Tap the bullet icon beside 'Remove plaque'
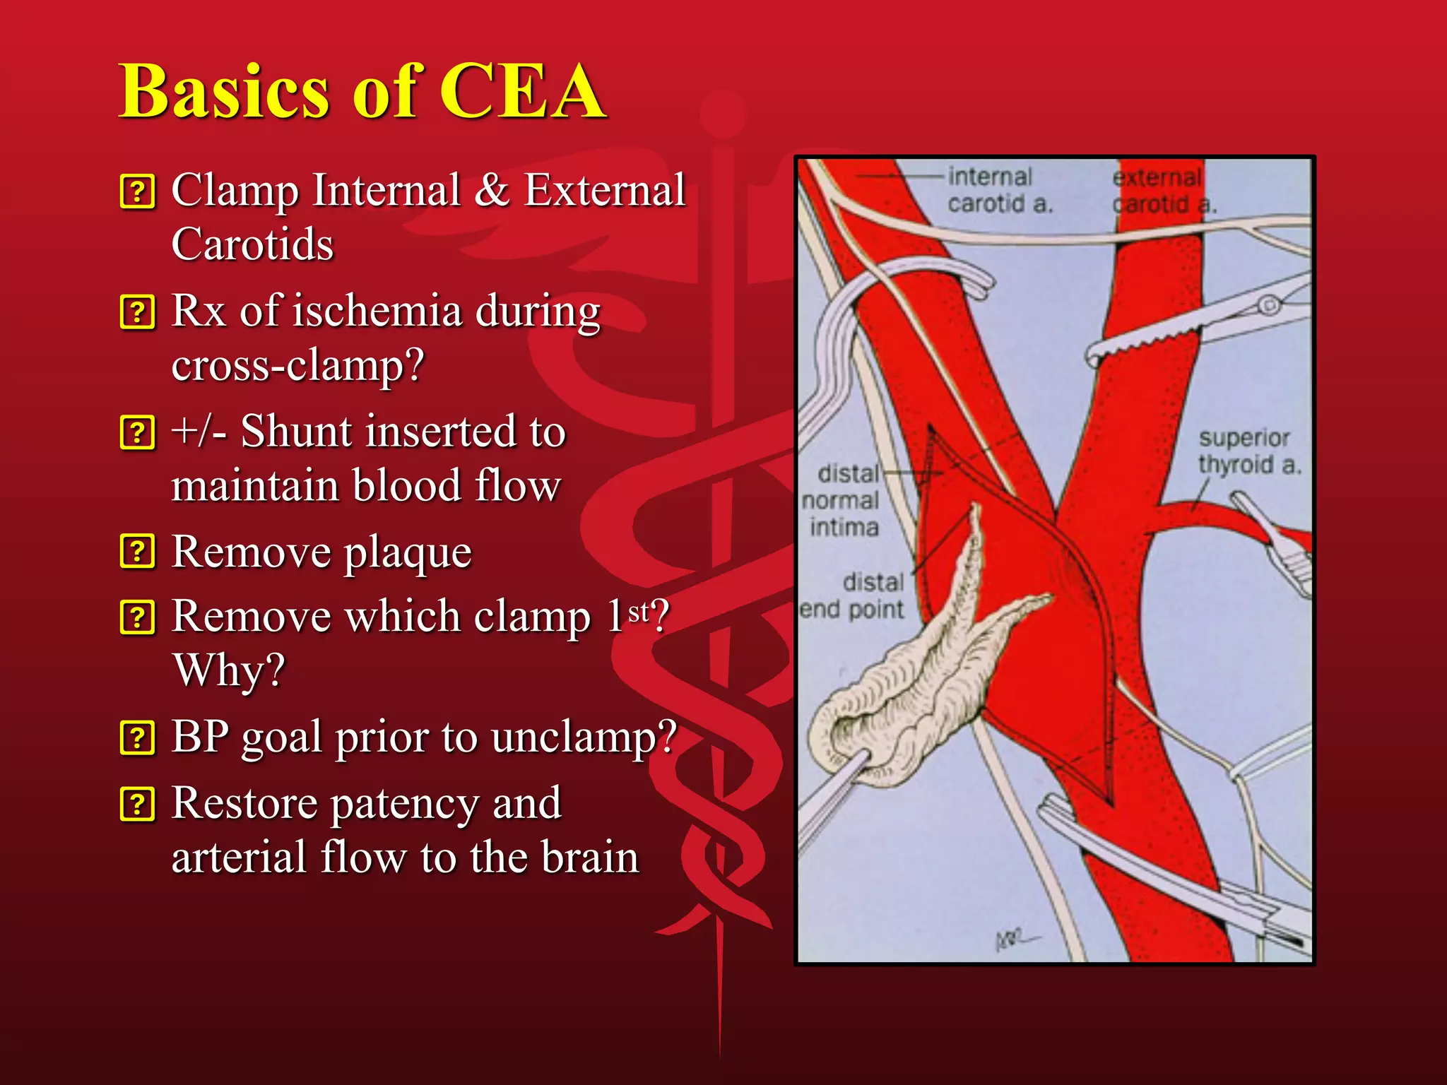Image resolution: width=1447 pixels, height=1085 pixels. click(x=137, y=552)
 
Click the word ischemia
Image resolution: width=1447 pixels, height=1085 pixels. click(x=377, y=312)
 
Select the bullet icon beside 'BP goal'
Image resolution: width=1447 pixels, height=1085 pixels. click(x=137, y=738)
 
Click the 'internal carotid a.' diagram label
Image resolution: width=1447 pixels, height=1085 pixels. click(x=999, y=190)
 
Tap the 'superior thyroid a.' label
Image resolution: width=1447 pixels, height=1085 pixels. click(x=1248, y=451)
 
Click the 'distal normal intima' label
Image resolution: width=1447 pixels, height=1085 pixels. click(x=842, y=500)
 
